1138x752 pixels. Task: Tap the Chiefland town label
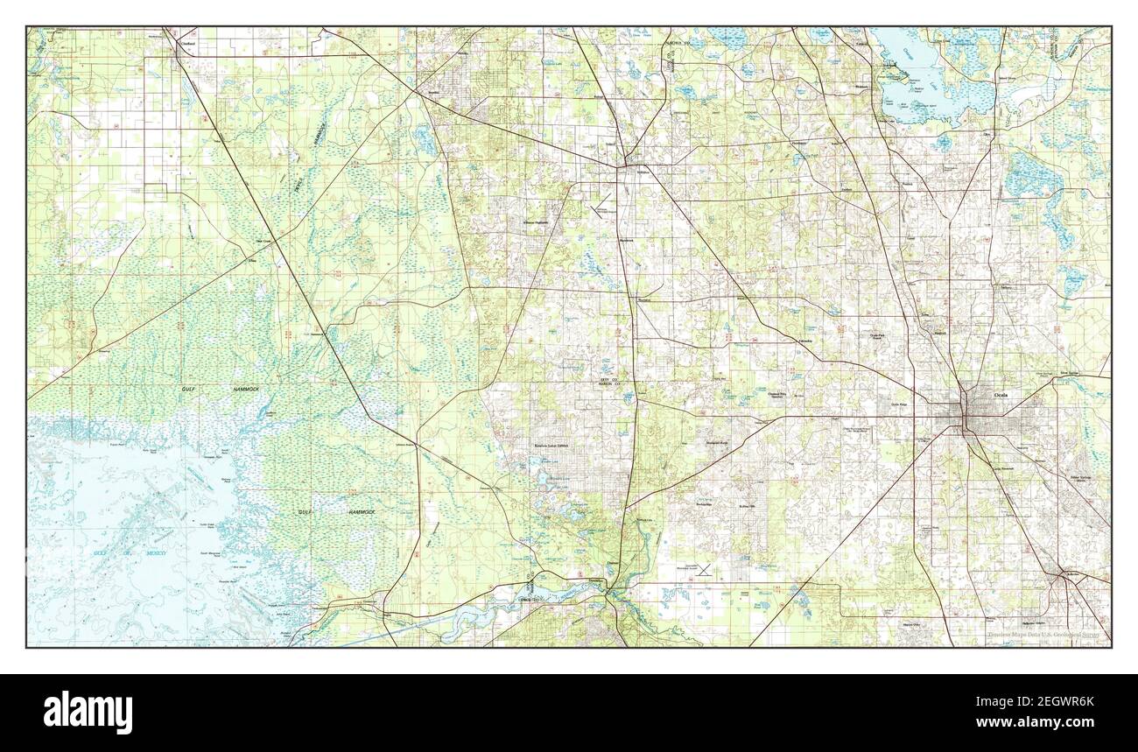(186, 41)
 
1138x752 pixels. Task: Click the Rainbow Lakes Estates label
(552, 445)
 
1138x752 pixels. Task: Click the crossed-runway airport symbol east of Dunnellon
(704, 569)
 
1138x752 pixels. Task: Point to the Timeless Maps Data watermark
(1046, 635)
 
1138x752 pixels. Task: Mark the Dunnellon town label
(595, 580)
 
